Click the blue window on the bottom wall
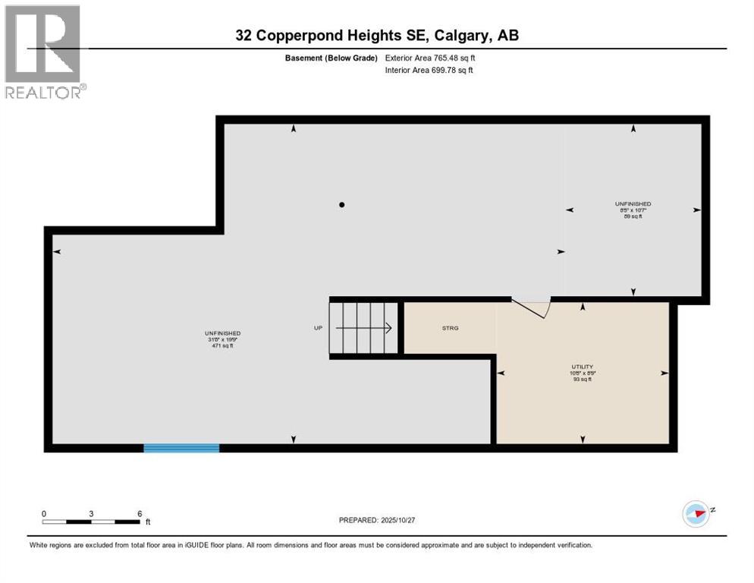coord(181,448)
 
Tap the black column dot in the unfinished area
coord(342,205)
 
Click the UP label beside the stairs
coord(319,328)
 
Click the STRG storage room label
coord(451,328)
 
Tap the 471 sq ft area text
coord(222,345)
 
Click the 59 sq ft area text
coord(633,217)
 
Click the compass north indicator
coord(696,512)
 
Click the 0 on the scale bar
coord(44,514)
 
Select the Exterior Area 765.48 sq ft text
coord(429,58)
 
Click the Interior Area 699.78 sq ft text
coord(429,71)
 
